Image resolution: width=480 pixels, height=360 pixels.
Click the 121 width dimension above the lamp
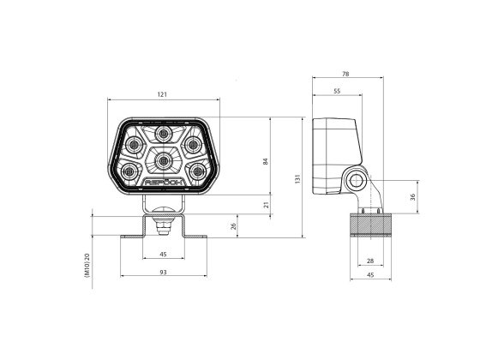tap(163, 93)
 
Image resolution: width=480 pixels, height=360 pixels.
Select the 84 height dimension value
tap(266, 162)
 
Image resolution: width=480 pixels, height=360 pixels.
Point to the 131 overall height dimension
tap(297, 179)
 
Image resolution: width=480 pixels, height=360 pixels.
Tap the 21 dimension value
tap(266, 205)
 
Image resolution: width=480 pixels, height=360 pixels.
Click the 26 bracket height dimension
tap(235, 226)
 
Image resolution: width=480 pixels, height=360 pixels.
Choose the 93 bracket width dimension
tap(163, 272)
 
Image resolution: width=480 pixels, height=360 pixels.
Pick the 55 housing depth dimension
tap(335, 90)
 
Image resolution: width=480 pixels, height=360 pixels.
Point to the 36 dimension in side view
tap(413, 197)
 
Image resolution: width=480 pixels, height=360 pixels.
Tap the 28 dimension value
tap(369, 261)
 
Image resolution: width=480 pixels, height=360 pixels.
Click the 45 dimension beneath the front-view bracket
tap(163, 255)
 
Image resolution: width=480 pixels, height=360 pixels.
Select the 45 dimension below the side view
tap(369, 275)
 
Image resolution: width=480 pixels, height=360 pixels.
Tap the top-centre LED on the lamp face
tap(163, 134)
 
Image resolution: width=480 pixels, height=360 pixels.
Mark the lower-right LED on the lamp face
tap(198, 171)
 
